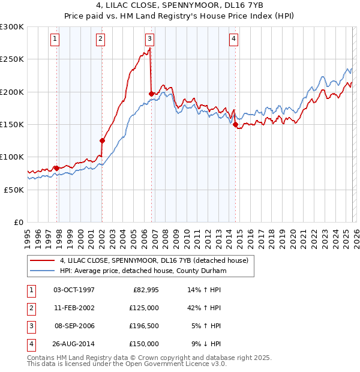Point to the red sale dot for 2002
click(x=103, y=141)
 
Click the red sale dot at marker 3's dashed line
click(x=151, y=94)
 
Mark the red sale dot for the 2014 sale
click(x=236, y=125)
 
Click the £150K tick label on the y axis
click(x=12, y=124)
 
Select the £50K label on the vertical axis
click(x=14, y=189)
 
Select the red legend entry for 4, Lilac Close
click(x=157, y=260)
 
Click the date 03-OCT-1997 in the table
click(x=74, y=290)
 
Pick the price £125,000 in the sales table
click(x=144, y=307)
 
